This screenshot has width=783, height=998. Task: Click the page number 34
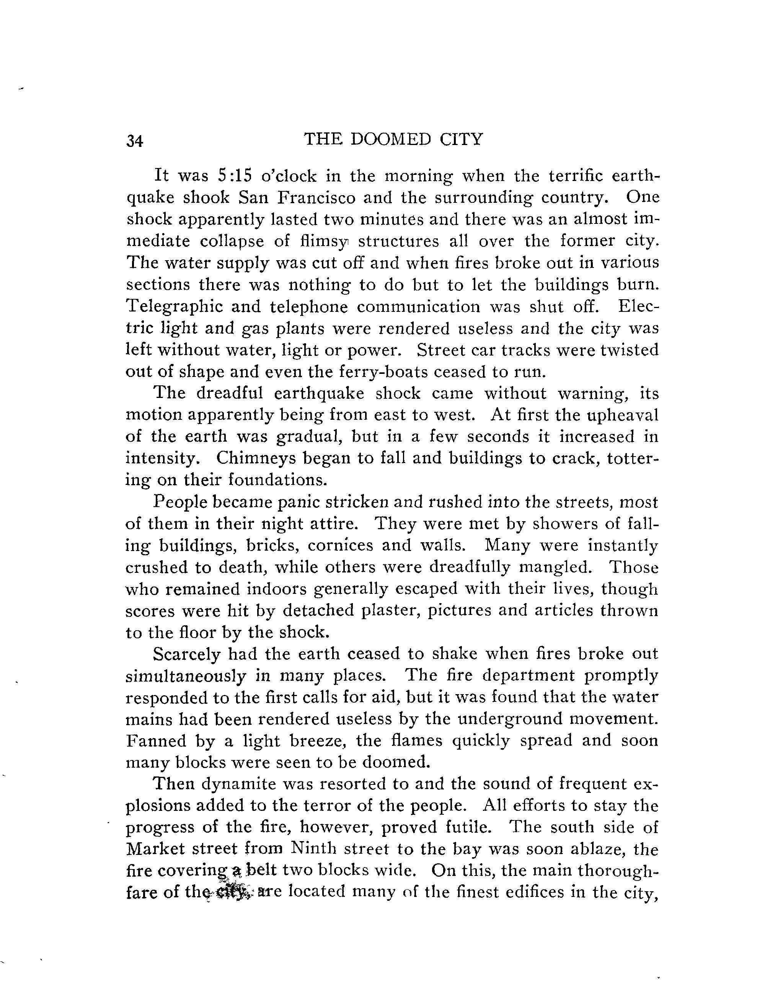[135, 141]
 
